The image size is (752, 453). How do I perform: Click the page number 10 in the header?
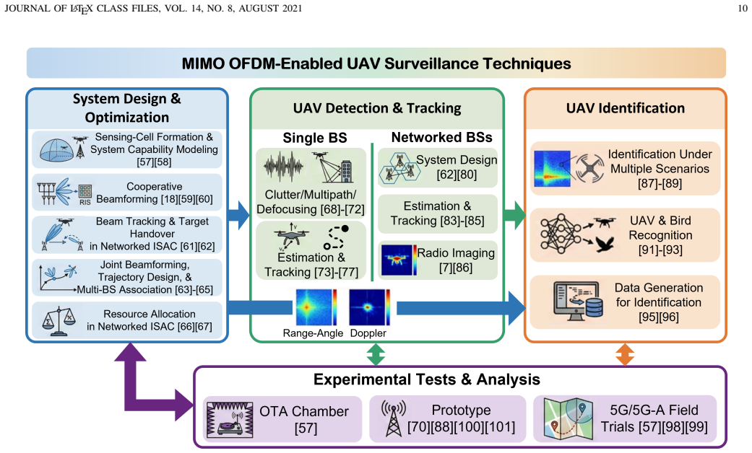click(x=742, y=8)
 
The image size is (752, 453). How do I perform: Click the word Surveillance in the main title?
click(x=431, y=63)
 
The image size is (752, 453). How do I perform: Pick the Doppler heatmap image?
click(x=369, y=307)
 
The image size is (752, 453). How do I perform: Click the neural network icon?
click(x=561, y=233)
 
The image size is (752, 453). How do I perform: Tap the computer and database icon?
click(x=578, y=301)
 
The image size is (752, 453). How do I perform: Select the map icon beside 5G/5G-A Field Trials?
click(x=568, y=418)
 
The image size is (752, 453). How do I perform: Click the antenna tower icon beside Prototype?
click(x=393, y=418)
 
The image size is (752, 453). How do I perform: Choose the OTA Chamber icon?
click(x=230, y=418)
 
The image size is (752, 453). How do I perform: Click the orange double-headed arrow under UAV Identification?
click(x=624, y=354)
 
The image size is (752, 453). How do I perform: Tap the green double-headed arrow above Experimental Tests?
click(x=376, y=354)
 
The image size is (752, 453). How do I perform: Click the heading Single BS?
click(x=315, y=138)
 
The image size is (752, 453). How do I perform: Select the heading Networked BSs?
click(x=441, y=138)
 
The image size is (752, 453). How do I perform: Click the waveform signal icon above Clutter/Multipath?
click(x=283, y=167)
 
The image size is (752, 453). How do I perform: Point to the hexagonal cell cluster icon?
click(x=400, y=167)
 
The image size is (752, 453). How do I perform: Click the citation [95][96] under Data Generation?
click(x=659, y=317)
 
